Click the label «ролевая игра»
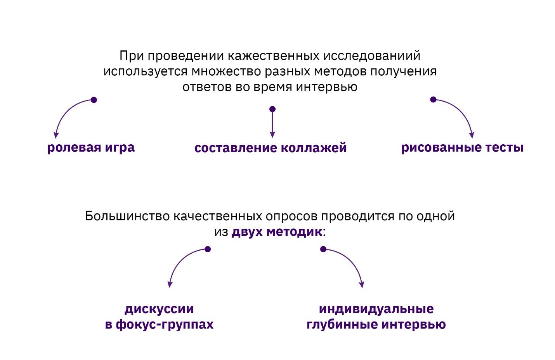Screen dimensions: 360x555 pyautogui.click(x=91, y=148)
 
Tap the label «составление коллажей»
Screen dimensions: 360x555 pyautogui.click(x=271, y=148)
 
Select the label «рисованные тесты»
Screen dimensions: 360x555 pyautogui.click(x=462, y=148)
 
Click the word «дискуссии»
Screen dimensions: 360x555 pyautogui.click(x=159, y=309)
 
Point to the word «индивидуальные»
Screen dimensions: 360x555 pyautogui.click(x=376, y=309)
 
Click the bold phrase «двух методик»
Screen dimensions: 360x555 pyautogui.click(x=277, y=232)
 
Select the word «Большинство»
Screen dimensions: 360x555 pyautogui.click(x=127, y=216)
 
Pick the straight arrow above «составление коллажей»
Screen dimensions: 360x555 pyautogui.click(x=272, y=124)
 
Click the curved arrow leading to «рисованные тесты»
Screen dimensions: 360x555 pyautogui.click(x=460, y=112)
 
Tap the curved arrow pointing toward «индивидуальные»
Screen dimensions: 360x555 pyautogui.click(x=350, y=261)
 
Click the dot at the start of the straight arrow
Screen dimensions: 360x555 pyautogui.click(x=272, y=109)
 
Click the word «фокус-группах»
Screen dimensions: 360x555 pyautogui.click(x=165, y=324)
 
